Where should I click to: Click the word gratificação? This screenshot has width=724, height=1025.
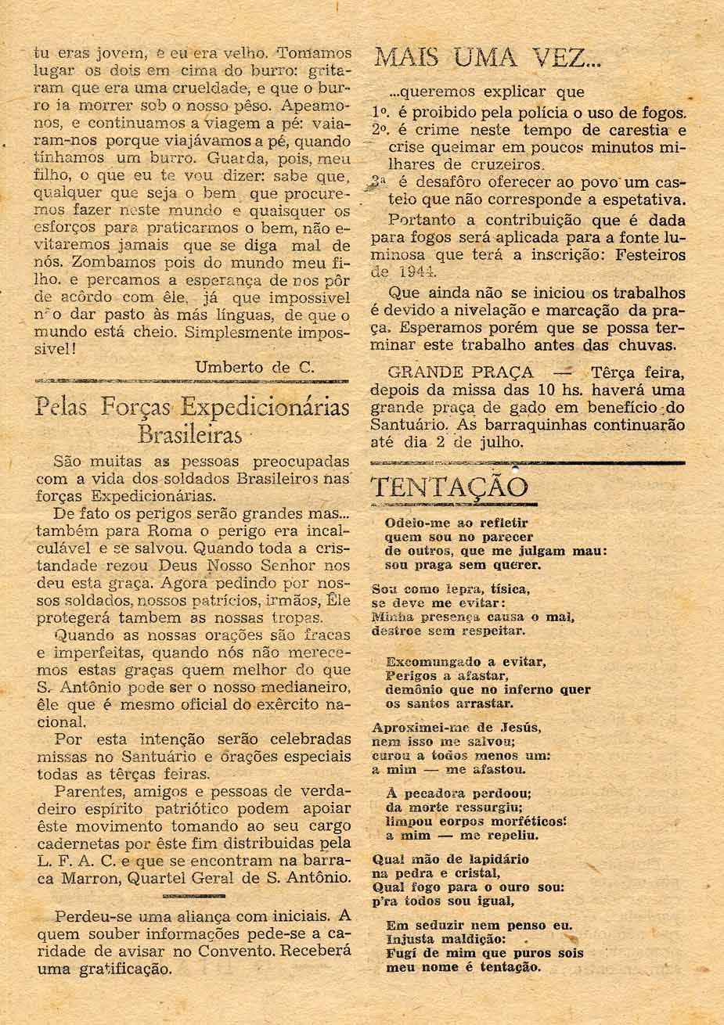(125, 969)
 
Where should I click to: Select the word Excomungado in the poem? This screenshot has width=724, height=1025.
(433, 661)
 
